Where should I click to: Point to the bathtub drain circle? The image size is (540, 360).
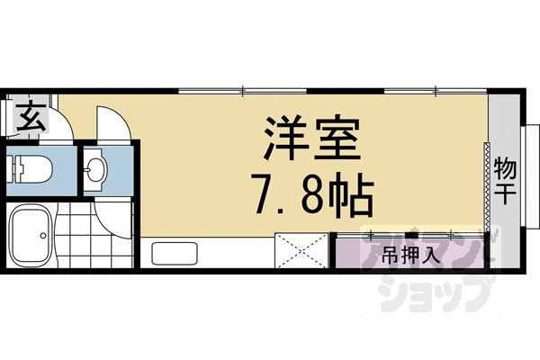(x=42, y=237)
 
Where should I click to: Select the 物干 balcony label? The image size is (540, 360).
(x=505, y=179)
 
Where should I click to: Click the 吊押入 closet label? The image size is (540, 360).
(x=410, y=254)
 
